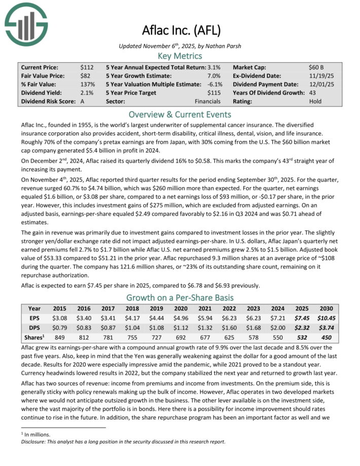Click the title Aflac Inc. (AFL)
(180, 30)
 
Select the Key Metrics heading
(180, 56)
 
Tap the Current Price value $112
(87, 67)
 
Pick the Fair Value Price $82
(85, 76)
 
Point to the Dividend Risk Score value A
(83, 101)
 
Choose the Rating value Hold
(315, 101)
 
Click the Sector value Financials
(209, 101)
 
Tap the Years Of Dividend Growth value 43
(313, 93)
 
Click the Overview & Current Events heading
(180, 114)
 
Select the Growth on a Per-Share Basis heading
(180, 298)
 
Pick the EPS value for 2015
(60, 318)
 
